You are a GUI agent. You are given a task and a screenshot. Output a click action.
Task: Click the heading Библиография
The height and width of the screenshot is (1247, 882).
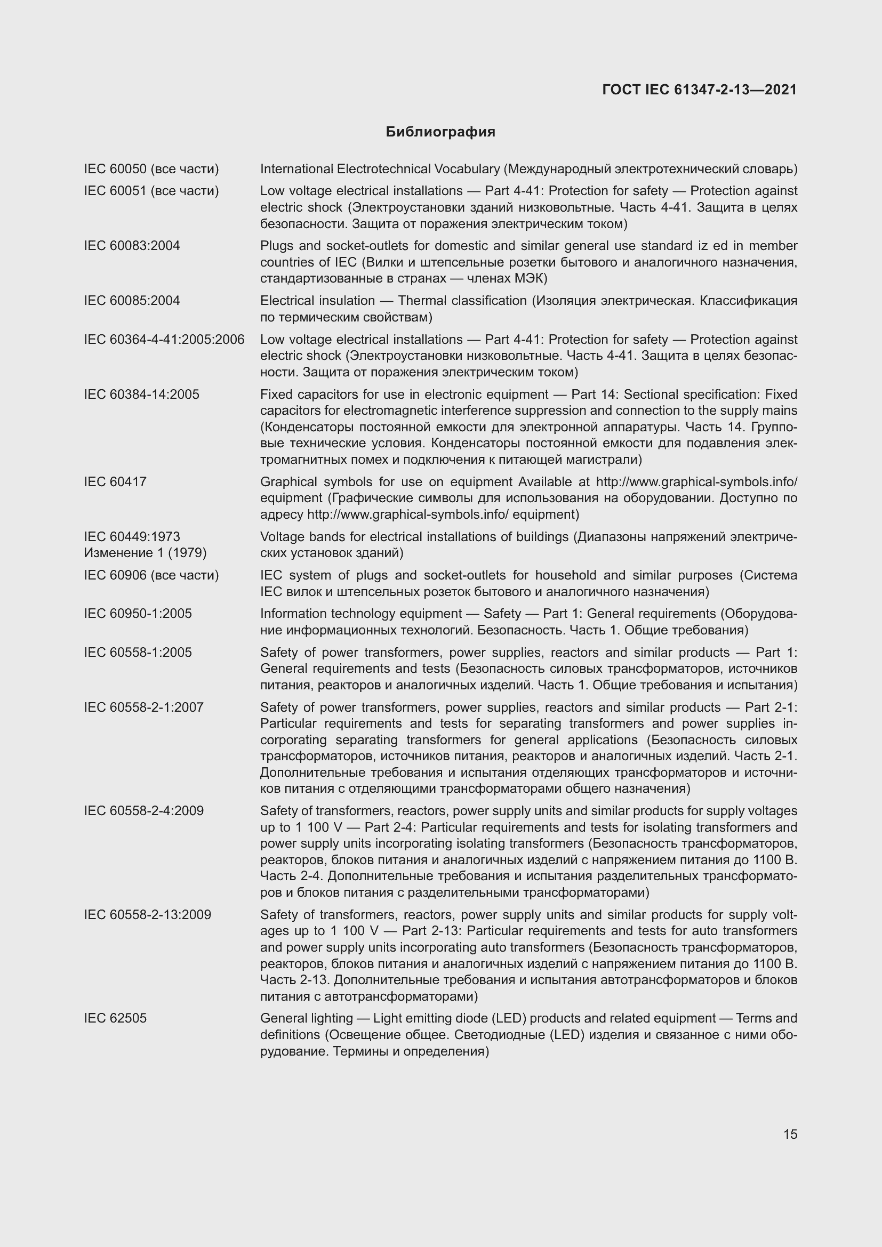pyautogui.click(x=440, y=132)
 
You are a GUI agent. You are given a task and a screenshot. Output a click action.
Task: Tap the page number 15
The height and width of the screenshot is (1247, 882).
pyautogui.click(x=790, y=1134)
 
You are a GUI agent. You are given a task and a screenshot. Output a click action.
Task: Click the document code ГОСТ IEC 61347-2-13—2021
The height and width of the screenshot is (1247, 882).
pyautogui.click(x=699, y=90)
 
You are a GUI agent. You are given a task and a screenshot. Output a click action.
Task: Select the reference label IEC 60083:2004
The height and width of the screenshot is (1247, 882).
pyautogui.click(x=132, y=245)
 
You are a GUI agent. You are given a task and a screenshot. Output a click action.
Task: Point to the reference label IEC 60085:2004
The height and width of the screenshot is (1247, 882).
pyautogui.click(x=132, y=300)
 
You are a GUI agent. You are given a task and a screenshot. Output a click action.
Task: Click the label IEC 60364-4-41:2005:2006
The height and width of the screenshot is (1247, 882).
pyautogui.click(x=164, y=340)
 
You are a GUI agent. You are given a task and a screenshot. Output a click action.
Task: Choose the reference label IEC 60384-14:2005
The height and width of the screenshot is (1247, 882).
pyautogui.click(x=142, y=395)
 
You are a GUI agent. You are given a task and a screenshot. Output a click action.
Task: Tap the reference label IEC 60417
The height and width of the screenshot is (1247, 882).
pyautogui.click(x=115, y=482)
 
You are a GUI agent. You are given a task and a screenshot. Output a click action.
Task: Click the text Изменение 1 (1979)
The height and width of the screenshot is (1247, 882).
pyautogui.click(x=145, y=553)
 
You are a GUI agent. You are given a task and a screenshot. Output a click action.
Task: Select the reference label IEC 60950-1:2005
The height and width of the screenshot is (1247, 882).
pyautogui.click(x=138, y=614)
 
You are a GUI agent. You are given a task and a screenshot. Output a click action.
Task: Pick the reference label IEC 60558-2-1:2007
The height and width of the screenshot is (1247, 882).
pyautogui.click(x=143, y=707)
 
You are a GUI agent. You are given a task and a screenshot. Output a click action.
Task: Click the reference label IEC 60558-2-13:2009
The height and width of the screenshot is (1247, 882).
pyautogui.click(x=147, y=915)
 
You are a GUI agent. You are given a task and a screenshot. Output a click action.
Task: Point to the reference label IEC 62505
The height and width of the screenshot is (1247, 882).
pyautogui.click(x=115, y=1018)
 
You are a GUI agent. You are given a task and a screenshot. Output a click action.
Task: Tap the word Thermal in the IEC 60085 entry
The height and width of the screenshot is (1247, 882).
pyautogui.click(x=422, y=300)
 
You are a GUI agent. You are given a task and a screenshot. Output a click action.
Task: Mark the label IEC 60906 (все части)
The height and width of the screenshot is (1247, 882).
pyautogui.click(x=151, y=575)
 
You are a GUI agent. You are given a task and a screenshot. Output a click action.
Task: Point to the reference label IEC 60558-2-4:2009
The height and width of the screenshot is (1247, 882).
pyautogui.click(x=143, y=811)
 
